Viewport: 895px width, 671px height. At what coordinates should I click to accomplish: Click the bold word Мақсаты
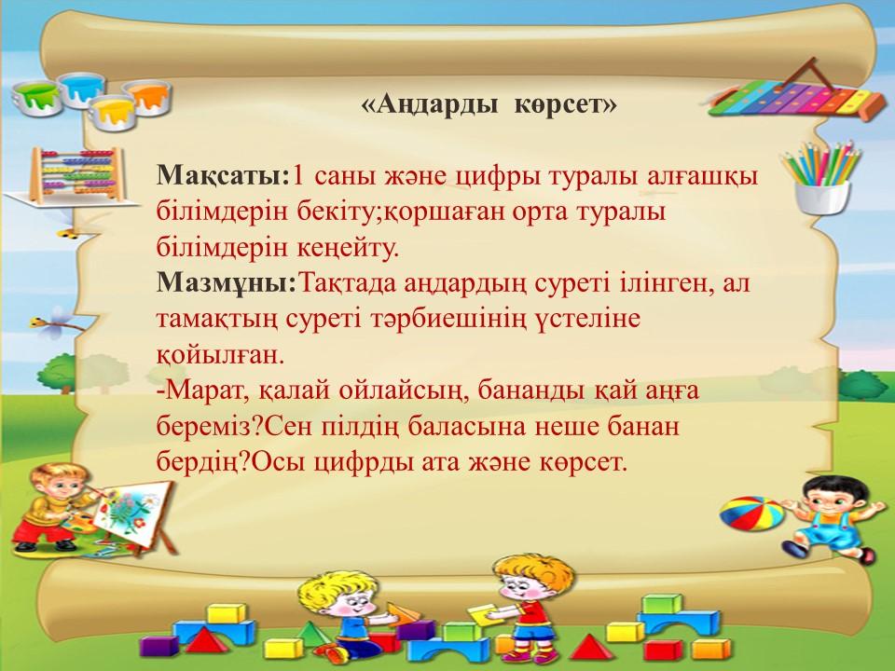220,176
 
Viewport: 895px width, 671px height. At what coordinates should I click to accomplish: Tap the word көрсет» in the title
565,105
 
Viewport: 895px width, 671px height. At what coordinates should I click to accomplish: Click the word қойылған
220,355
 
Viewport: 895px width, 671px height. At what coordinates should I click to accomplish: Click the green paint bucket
36,98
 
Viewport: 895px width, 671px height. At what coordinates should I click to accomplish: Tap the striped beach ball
752,513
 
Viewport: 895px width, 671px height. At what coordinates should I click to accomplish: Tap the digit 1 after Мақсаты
297,176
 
